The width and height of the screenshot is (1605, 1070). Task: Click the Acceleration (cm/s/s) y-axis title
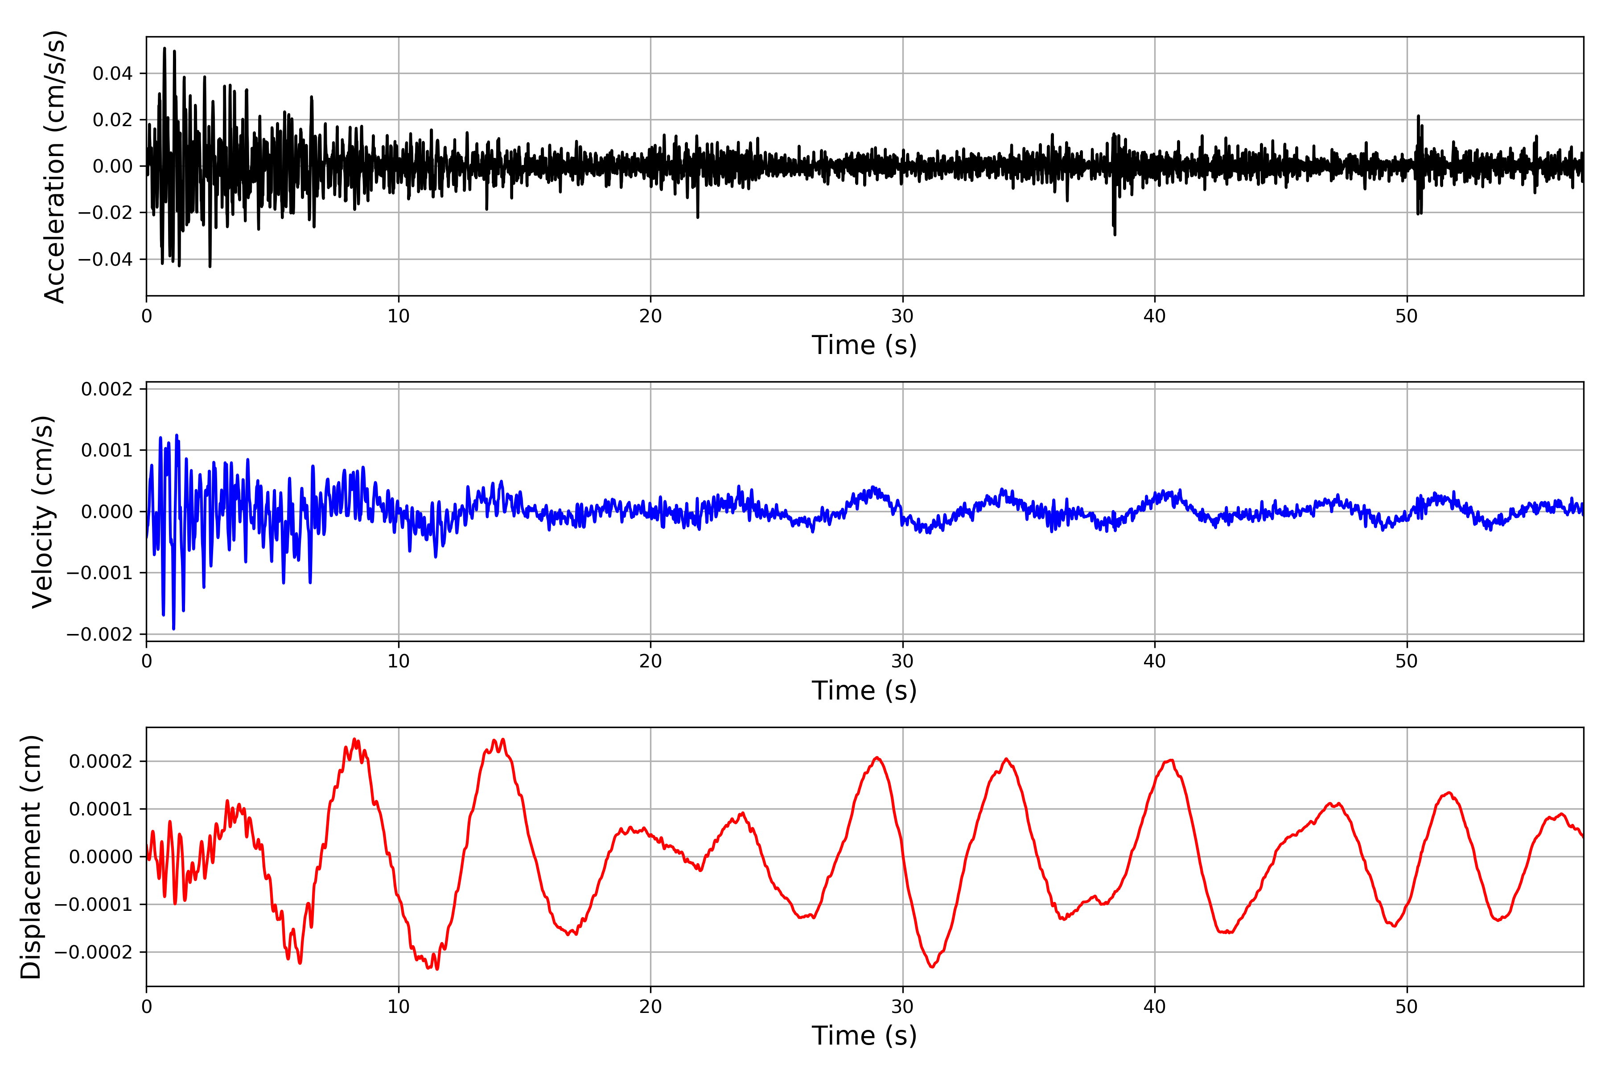[x=54, y=166]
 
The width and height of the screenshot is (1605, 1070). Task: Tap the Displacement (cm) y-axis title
[x=31, y=856]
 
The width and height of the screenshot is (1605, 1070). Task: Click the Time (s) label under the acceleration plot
[x=864, y=345]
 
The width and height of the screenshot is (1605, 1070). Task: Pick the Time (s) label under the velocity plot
[x=864, y=691]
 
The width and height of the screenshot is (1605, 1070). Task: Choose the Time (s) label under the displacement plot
[x=864, y=1036]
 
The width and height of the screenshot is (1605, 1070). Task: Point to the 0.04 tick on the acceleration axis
[x=113, y=73]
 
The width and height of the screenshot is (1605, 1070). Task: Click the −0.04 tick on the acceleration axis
[x=106, y=259]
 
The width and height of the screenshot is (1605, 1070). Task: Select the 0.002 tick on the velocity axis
[x=107, y=389]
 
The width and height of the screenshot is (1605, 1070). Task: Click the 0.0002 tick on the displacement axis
[x=101, y=761]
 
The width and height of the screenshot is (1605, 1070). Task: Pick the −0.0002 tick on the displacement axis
[x=94, y=952]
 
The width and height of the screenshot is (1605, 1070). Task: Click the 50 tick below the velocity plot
[x=1407, y=661]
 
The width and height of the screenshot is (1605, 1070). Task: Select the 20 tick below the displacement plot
[x=650, y=1007]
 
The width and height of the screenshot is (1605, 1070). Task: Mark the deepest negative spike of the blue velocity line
[x=173, y=629]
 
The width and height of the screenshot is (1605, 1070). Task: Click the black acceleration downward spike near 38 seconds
[x=1115, y=234]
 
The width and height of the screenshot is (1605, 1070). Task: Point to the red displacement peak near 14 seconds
[x=503, y=740]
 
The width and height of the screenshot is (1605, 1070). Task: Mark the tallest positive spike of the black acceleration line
[x=165, y=49]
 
